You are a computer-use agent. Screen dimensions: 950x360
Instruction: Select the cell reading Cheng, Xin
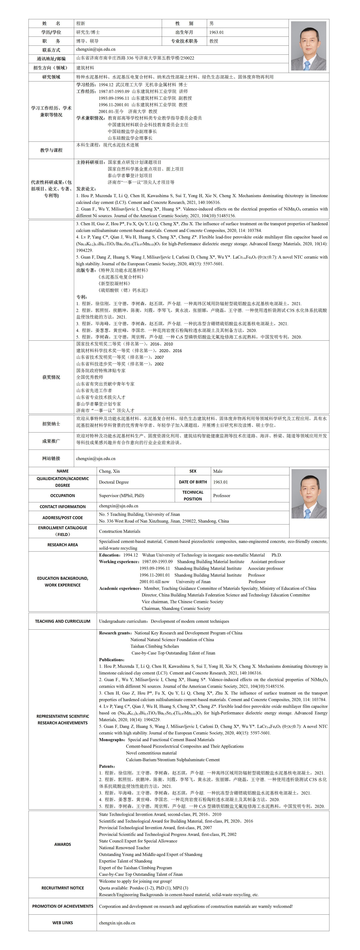(x=110, y=471)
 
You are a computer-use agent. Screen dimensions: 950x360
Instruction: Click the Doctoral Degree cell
(x=114, y=482)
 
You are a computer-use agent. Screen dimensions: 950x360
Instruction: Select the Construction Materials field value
(x=119, y=531)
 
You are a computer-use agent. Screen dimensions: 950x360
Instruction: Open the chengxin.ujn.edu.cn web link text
(x=117, y=923)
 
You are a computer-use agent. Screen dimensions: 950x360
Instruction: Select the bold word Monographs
(x=112, y=739)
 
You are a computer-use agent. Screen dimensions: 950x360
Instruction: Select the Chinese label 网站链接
(x=51, y=458)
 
